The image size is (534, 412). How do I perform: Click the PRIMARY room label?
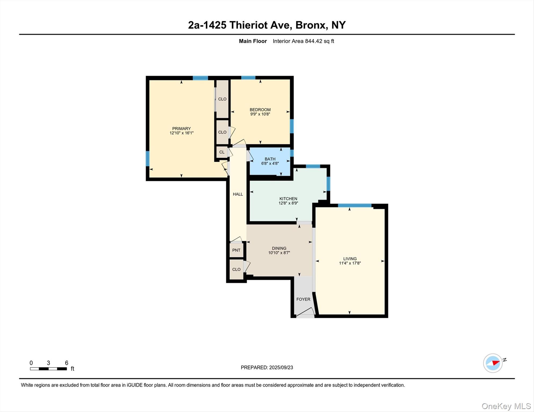point(181,128)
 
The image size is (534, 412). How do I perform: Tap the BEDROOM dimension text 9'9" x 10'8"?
point(260,114)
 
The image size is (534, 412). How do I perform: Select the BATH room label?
point(270,159)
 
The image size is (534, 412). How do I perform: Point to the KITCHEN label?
point(288,199)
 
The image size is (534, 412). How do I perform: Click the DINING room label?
point(279,248)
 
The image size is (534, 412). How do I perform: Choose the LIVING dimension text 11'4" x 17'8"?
point(350,263)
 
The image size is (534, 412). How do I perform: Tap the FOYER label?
point(303,299)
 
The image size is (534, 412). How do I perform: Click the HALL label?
point(238,194)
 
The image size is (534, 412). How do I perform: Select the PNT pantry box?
point(236,250)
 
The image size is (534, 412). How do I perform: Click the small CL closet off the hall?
point(222,152)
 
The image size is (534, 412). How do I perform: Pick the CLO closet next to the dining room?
point(236,269)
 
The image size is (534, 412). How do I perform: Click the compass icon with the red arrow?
point(493,363)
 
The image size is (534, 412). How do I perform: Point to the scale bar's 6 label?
point(67,363)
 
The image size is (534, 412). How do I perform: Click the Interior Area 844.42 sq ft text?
point(303,41)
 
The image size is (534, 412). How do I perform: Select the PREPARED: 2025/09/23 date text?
point(267,367)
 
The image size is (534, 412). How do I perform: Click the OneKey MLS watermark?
point(506,406)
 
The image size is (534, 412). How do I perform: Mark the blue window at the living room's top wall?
point(355,205)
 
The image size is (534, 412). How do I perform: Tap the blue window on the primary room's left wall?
point(147,159)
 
